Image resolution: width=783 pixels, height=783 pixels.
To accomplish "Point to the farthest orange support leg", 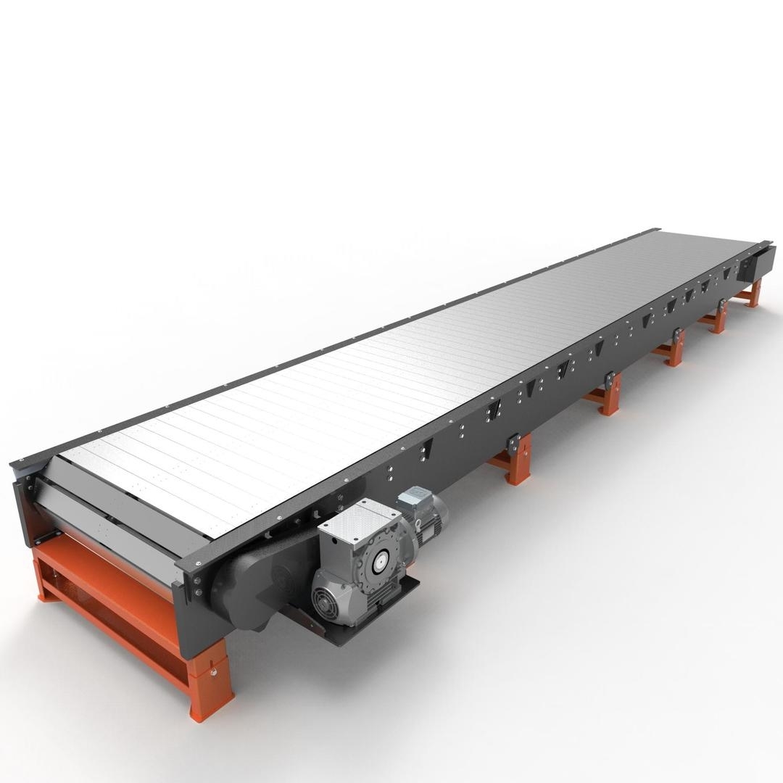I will coord(754,294).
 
